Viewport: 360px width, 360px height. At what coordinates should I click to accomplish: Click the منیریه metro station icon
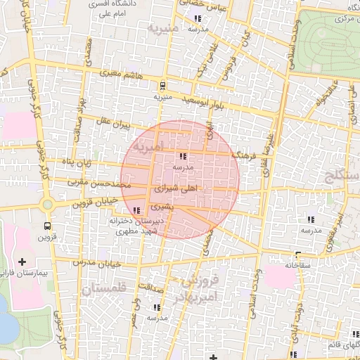(x=163, y=86)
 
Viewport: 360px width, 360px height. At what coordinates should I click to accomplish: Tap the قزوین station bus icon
(x=47, y=226)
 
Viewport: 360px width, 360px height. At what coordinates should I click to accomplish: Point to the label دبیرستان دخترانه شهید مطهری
(x=135, y=226)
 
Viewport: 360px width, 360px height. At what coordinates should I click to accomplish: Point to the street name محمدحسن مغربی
(x=96, y=182)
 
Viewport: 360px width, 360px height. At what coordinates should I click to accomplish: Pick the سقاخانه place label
(x=299, y=265)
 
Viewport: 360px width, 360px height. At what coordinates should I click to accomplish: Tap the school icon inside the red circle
(x=184, y=156)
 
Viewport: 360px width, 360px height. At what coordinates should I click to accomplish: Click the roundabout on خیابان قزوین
(x=48, y=205)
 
